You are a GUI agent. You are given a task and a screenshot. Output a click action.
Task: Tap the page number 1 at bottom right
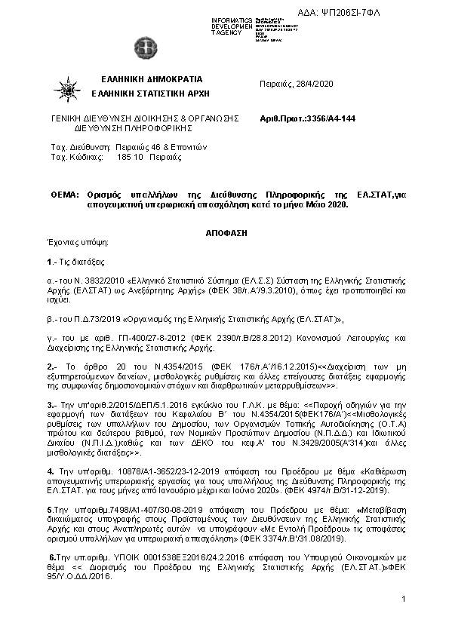pyautogui.click(x=404, y=599)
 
